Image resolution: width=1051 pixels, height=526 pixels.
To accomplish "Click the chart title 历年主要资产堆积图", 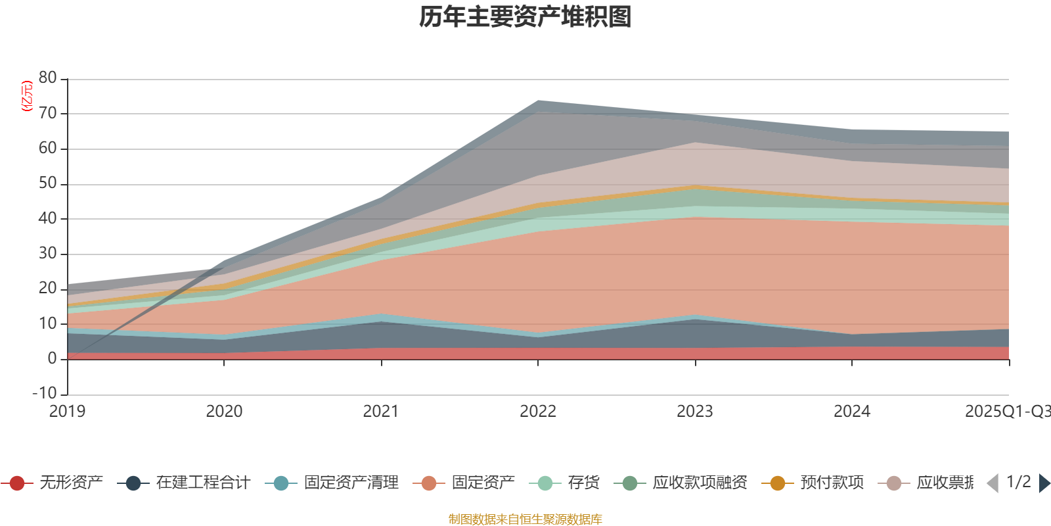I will pos(525,17).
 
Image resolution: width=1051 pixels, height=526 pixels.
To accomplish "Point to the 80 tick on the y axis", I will pos(47,78).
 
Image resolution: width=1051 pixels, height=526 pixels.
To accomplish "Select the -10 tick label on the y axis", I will pos(44,394).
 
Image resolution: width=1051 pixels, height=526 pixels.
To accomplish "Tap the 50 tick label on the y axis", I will pos(47,183).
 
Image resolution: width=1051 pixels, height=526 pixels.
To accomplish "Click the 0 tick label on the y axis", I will pos(52,359).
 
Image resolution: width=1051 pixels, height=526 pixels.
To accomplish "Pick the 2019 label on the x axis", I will pos(67,412).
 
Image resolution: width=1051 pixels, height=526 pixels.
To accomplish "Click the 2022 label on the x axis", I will pos(538,412).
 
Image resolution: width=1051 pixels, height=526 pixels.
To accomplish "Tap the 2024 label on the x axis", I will pos(852,412).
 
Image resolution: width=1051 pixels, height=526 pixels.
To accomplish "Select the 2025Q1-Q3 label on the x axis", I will pos(1007,412).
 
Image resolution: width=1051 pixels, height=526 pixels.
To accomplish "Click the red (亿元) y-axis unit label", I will pos(27,96).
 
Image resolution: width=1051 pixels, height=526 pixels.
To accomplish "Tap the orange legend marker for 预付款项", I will pos(778,483).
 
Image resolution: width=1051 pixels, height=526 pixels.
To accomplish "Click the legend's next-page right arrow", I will pos(1044,483).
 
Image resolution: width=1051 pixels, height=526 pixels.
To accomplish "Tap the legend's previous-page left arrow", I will pos(993,483).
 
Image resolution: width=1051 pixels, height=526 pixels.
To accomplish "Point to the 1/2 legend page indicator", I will pos(1018,482).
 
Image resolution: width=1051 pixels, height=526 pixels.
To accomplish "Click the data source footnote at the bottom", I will pos(525,519).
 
